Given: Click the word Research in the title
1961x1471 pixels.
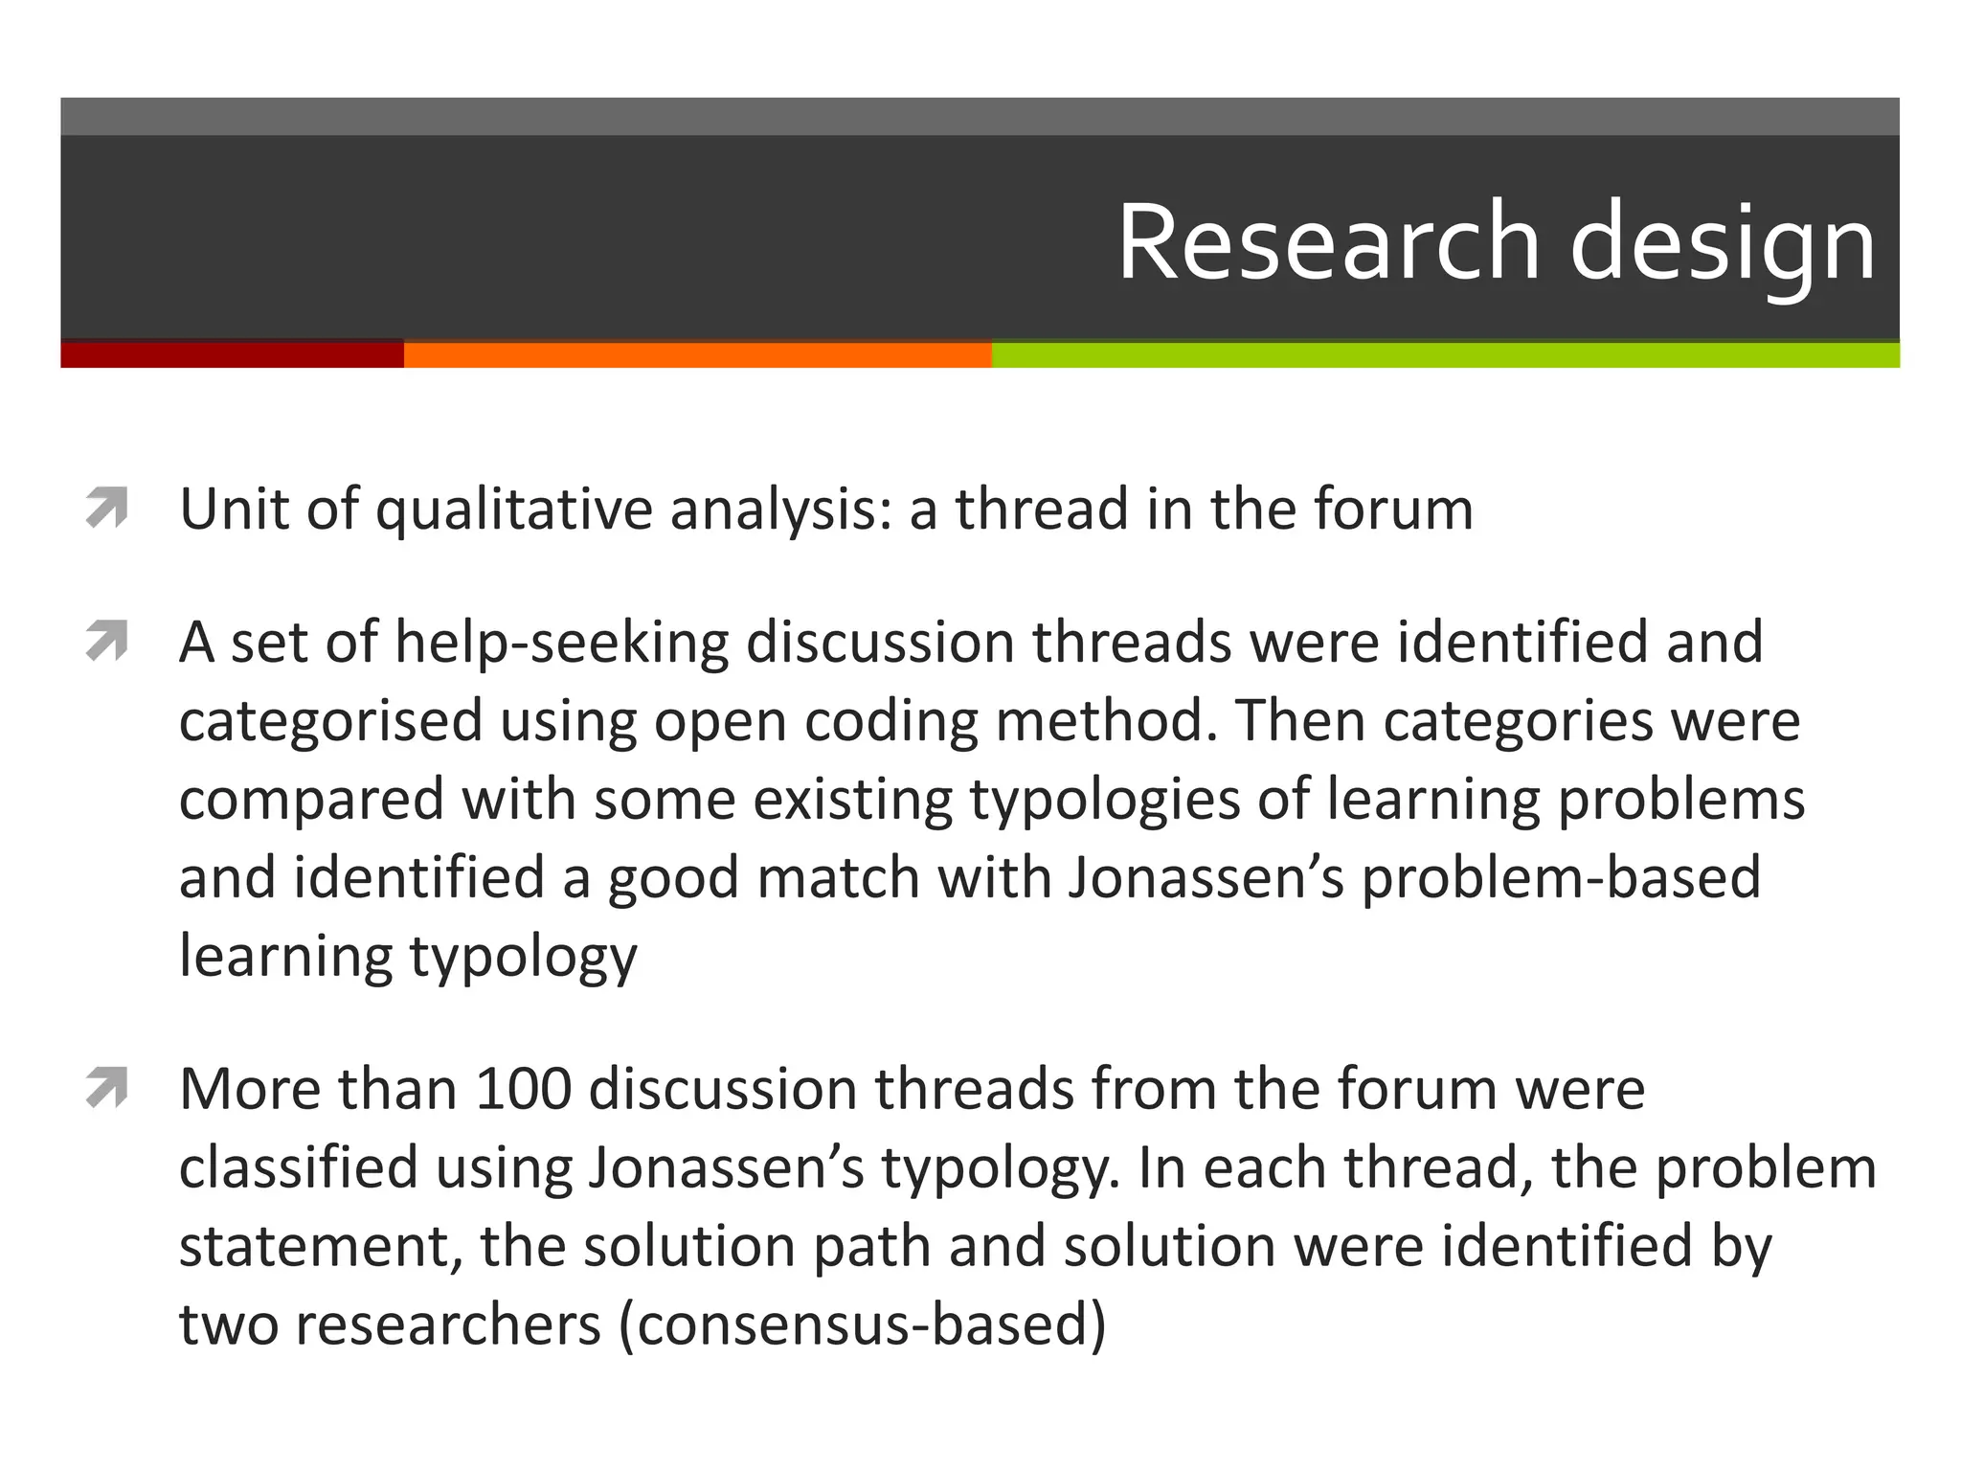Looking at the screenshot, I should tap(1329, 241).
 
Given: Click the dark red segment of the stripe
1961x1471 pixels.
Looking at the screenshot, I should tap(232, 354).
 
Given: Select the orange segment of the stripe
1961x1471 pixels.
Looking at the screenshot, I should tap(697, 354).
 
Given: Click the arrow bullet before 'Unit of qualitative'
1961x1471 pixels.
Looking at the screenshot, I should tap(106, 508).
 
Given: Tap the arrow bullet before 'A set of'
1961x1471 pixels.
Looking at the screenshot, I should tap(106, 641).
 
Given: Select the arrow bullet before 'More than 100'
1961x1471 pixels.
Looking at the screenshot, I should tap(106, 1089).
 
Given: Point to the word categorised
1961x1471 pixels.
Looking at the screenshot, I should tap(330, 721).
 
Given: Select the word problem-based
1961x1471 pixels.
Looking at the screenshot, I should tap(1561, 878).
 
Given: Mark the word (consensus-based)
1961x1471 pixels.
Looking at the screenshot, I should tap(862, 1325).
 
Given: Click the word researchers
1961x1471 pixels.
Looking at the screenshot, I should tap(448, 1325).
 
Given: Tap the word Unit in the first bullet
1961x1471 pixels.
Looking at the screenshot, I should tap(234, 509).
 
